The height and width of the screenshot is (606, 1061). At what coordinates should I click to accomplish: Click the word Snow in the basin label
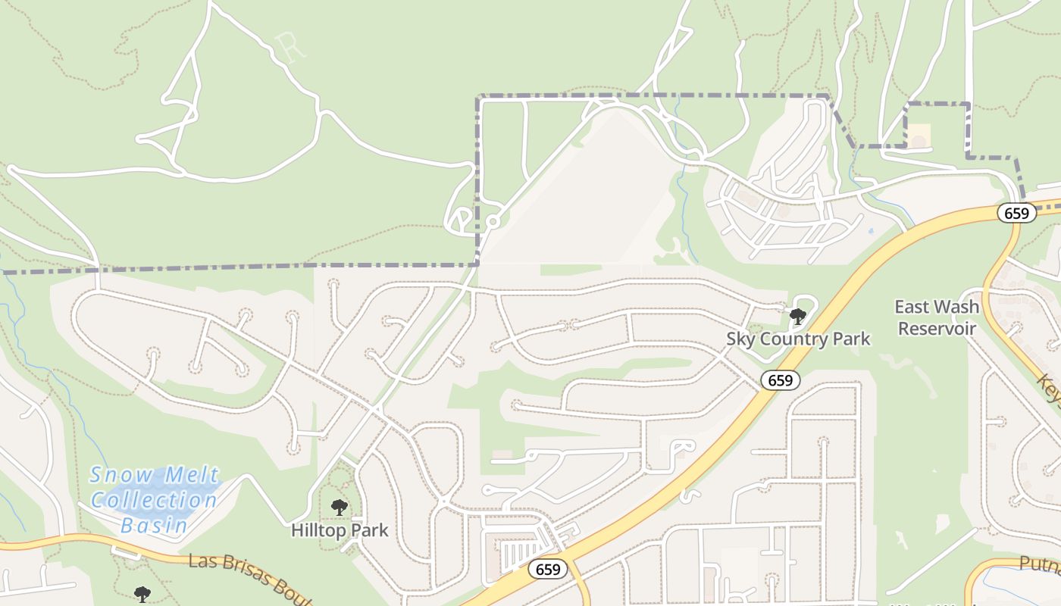(x=116, y=475)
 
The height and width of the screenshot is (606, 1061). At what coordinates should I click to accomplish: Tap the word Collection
(x=155, y=500)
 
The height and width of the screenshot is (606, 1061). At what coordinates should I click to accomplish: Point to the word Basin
(x=155, y=524)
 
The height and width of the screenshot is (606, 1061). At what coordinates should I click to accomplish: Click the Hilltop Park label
(x=340, y=530)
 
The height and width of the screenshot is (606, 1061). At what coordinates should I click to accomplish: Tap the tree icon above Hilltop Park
(x=339, y=507)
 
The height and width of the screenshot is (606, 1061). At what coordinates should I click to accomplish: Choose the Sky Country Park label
(x=798, y=339)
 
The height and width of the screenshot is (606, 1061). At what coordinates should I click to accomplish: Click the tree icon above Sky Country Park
(x=797, y=316)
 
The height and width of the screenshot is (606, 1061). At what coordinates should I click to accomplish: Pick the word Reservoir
(x=937, y=328)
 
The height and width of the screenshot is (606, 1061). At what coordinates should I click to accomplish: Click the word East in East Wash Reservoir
(x=915, y=307)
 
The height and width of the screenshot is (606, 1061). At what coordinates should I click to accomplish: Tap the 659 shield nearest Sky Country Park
(x=780, y=380)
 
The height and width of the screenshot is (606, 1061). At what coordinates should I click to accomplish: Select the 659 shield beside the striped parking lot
(x=548, y=569)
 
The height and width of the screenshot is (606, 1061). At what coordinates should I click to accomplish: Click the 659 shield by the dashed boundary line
(x=1016, y=213)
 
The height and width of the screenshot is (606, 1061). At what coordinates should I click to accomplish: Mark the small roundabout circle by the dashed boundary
(x=493, y=222)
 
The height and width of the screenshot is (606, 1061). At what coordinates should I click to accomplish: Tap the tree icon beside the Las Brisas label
(x=142, y=594)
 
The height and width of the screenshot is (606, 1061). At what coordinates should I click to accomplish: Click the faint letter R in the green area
(x=291, y=45)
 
